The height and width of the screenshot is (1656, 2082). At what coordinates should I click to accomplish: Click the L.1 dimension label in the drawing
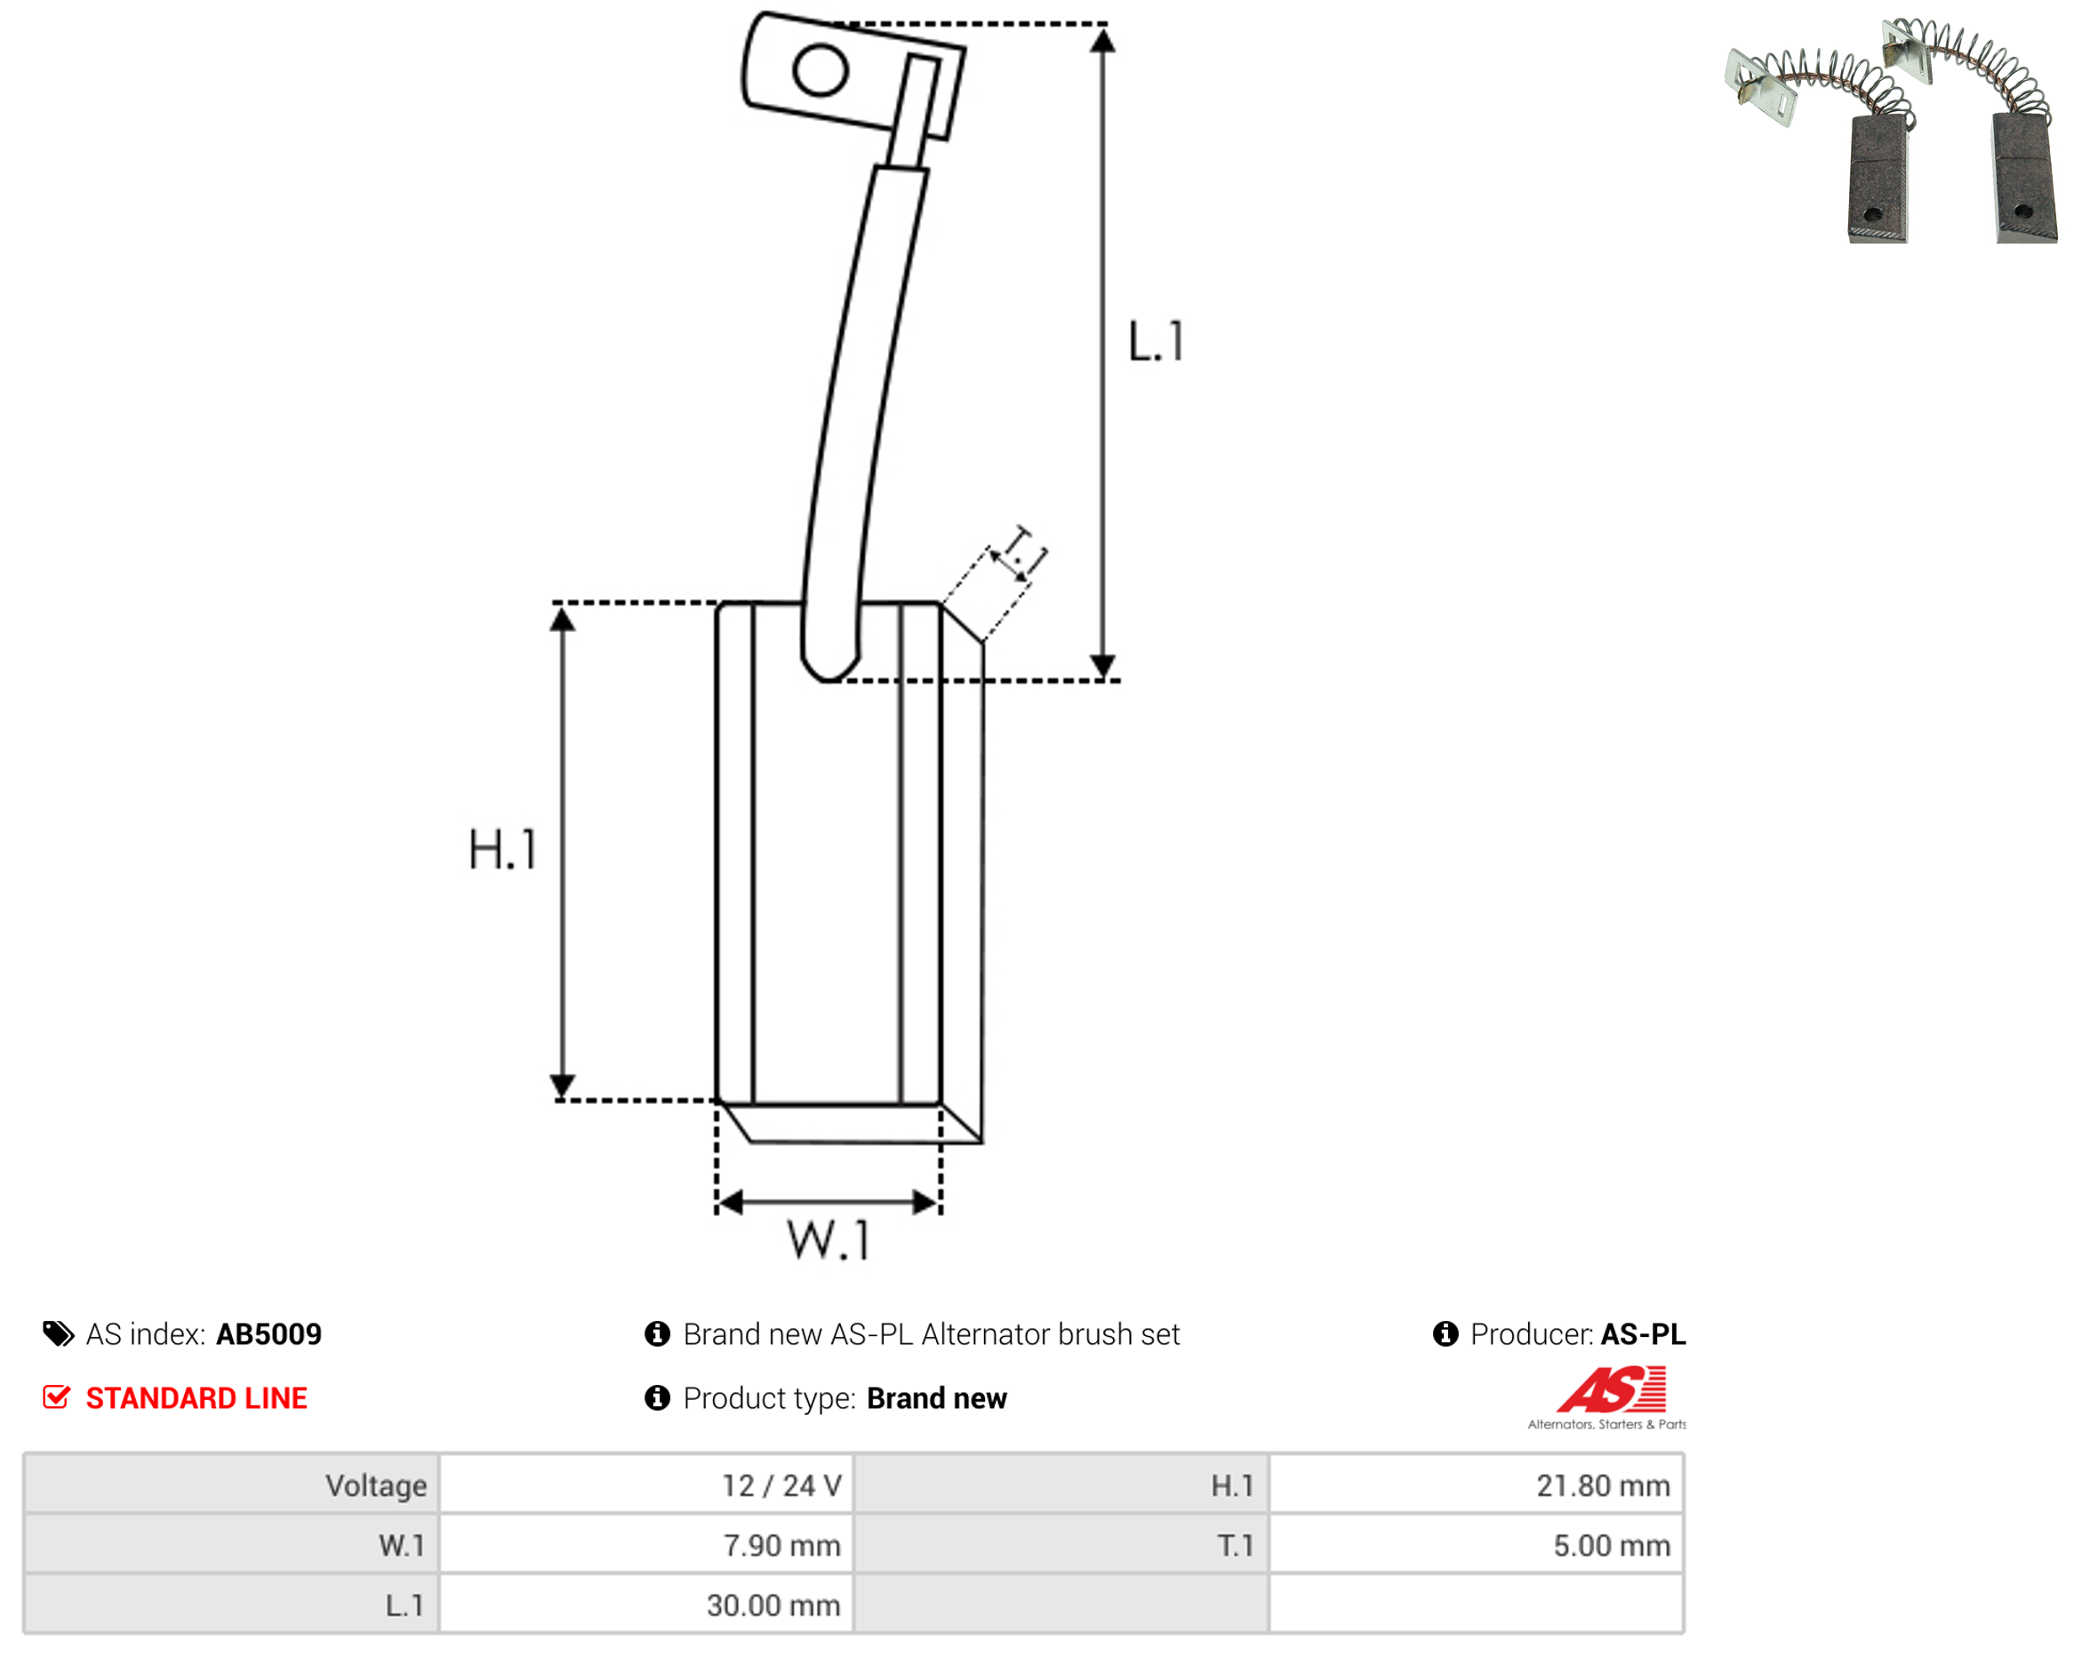(1156, 340)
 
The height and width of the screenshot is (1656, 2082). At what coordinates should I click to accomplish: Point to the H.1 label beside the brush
(502, 850)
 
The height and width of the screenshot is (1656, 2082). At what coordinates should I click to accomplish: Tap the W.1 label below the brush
(829, 1240)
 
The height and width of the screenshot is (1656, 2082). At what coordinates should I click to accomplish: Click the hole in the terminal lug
(821, 70)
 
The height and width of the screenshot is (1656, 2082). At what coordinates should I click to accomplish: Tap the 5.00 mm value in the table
(1612, 1545)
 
